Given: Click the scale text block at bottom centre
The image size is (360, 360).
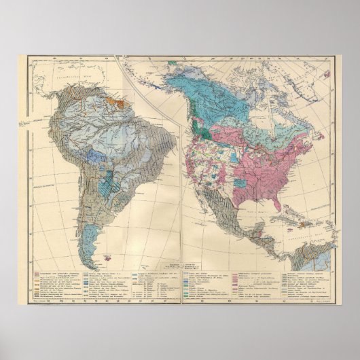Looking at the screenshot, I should pyautogui.click(x=178, y=264).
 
